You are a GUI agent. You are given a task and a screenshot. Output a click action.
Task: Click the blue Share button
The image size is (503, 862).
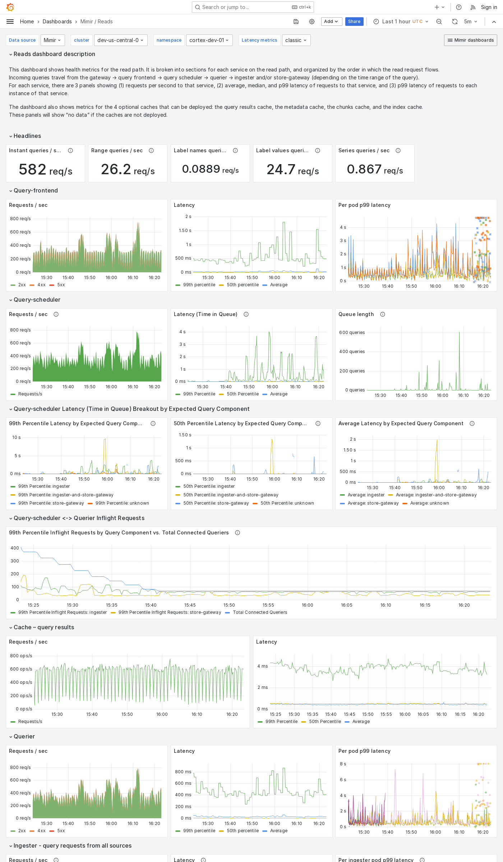[x=354, y=22]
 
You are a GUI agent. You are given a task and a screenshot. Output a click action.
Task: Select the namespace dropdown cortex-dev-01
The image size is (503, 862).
[x=209, y=40]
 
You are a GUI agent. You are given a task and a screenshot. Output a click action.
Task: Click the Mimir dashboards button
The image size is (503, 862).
[x=470, y=40]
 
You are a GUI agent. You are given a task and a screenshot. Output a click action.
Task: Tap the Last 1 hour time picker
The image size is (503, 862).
[x=401, y=22]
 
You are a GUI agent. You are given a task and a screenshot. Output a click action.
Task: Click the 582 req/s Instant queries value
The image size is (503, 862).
[x=46, y=170]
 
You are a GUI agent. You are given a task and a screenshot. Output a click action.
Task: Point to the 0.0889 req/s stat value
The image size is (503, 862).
[x=210, y=169]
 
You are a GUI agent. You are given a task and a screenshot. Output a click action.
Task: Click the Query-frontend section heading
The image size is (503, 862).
[x=36, y=190]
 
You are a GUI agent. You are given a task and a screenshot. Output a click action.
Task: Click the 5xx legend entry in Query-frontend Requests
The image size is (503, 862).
[x=61, y=285]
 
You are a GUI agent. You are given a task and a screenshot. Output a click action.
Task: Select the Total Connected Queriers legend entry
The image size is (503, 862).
[x=260, y=612]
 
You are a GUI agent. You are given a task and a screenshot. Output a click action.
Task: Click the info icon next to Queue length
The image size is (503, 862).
[x=383, y=314]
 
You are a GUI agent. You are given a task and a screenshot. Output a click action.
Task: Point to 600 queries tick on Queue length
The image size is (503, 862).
[x=352, y=333]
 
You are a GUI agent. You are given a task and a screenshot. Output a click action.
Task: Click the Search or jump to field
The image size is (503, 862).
[x=253, y=7]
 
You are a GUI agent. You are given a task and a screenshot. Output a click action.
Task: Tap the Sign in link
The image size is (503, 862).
[x=489, y=7]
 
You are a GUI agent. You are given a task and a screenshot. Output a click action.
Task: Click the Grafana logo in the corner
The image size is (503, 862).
[x=10, y=7]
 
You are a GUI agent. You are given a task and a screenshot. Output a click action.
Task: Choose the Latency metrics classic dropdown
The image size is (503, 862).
[x=296, y=40]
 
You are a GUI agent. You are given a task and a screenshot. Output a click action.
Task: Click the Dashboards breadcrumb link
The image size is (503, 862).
[x=57, y=22]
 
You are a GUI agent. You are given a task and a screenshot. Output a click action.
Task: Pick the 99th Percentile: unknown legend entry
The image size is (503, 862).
[x=122, y=503]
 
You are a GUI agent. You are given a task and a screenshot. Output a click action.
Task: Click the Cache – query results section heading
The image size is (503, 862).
[x=44, y=627]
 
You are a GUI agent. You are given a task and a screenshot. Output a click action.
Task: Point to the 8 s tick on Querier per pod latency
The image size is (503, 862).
[x=343, y=764]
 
